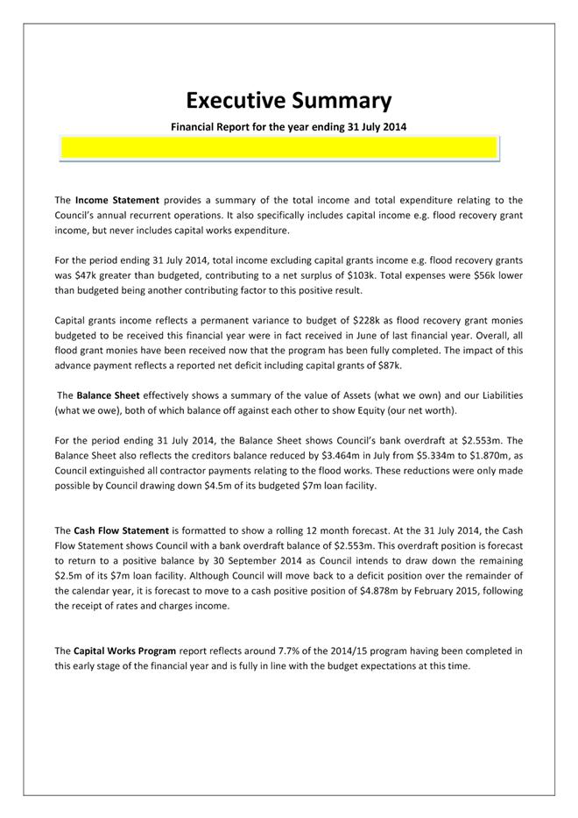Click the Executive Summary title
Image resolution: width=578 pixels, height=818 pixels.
288,99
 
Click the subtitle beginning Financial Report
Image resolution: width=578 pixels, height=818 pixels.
288,126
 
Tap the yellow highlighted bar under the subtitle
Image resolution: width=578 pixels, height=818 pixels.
279,149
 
